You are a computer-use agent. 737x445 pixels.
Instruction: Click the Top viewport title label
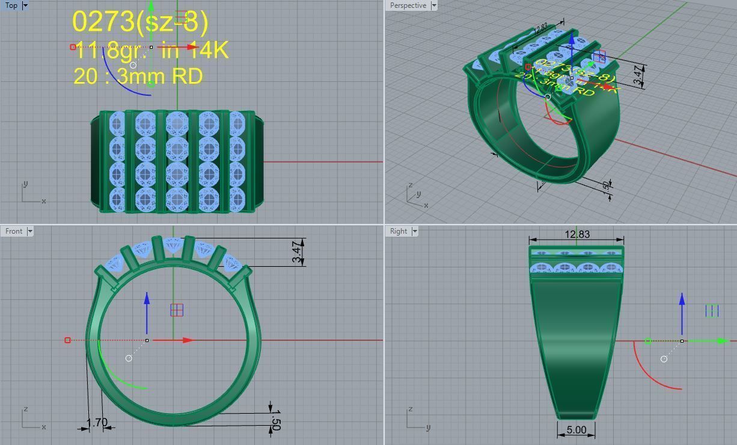[x=11, y=5]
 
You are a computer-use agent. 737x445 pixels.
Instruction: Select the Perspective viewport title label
[x=408, y=5]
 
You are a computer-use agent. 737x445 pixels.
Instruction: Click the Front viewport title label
[x=13, y=231]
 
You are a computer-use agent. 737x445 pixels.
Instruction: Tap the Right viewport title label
[x=398, y=231]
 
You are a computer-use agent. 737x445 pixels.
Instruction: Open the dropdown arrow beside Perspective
[x=433, y=5]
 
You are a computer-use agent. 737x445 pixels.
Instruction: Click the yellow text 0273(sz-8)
[x=140, y=22]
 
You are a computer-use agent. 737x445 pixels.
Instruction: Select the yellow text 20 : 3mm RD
[x=138, y=76]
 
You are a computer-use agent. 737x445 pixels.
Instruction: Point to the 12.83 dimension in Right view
[x=576, y=234]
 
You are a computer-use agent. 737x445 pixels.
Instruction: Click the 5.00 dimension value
[x=576, y=430]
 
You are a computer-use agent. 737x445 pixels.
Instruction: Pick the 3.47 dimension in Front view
[x=296, y=252]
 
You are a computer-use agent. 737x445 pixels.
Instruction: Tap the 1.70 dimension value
[x=97, y=423]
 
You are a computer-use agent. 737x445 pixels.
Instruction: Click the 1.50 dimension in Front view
[x=277, y=419]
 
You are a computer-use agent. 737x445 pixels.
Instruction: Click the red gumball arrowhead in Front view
[x=188, y=340]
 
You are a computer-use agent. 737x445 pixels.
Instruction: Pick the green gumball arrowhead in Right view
[x=723, y=341]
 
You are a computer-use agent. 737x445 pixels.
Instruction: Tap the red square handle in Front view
[x=67, y=340]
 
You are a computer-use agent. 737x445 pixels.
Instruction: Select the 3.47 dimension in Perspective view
[x=637, y=74]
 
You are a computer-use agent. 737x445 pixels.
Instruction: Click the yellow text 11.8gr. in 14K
[x=151, y=51]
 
